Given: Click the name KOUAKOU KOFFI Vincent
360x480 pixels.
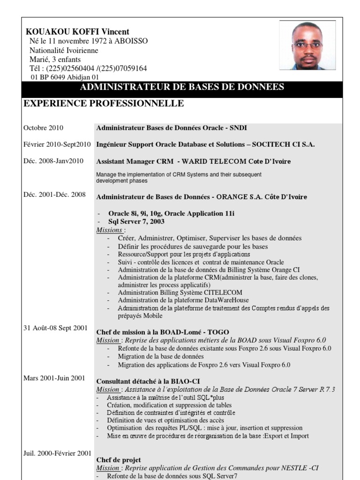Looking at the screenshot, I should [x=77, y=32].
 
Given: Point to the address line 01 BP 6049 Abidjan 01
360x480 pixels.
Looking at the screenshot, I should [x=64, y=77].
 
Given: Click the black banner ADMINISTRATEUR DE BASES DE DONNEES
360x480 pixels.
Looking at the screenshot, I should [x=182, y=87].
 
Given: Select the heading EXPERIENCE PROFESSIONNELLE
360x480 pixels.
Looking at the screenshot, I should [x=104, y=103].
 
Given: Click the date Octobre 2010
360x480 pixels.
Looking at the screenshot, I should [x=43, y=127].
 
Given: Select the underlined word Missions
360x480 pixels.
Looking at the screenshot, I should [x=110, y=230].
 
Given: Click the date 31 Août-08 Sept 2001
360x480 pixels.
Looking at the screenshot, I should [x=55, y=328].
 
